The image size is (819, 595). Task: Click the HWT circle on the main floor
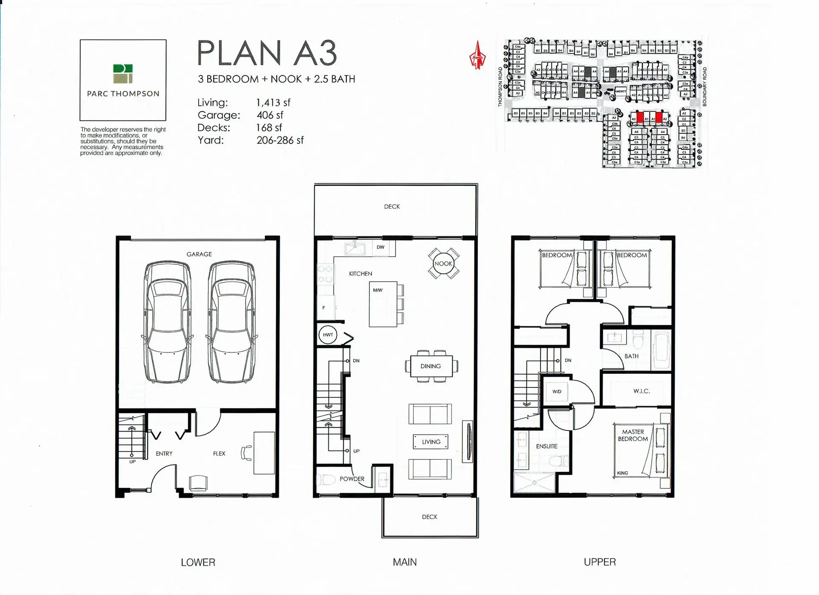pos(328,335)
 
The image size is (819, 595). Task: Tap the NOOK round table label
pos(443,263)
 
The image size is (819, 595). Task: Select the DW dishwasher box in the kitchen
pos(380,247)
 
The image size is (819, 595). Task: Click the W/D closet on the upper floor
pos(557,391)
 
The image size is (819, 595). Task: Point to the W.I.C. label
pos(641,391)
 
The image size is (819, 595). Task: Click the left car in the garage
pos(167,322)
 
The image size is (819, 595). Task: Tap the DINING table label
pos(430,366)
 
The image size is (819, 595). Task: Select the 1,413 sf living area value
pos(273,103)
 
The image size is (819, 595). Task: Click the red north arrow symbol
pos(477,56)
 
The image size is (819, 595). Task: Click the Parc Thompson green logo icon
pos(123,74)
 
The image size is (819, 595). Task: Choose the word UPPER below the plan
pos(599,562)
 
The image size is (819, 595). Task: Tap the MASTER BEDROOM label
pos(633,435)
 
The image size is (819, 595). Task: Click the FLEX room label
pos(219,453)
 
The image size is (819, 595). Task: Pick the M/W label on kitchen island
pos(378,290)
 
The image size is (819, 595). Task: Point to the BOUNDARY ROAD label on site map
pos(704,87)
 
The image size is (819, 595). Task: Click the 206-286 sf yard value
pos(280,140)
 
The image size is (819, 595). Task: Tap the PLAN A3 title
pos(267,53)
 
